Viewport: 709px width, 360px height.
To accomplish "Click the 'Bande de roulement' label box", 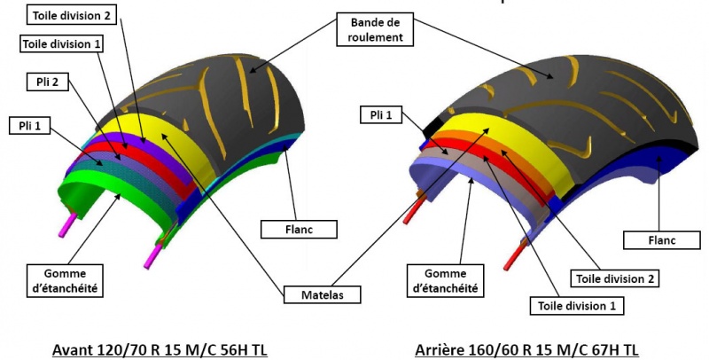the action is point(375,29).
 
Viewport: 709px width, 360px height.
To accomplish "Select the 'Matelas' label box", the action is point(323,295).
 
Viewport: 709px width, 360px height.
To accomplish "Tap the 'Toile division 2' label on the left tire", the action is point(72,16).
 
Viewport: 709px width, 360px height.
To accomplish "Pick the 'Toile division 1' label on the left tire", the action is point(62,44).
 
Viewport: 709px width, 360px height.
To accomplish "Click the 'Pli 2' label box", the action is point(48,82).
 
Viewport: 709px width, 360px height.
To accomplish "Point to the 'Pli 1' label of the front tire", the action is point(30,125).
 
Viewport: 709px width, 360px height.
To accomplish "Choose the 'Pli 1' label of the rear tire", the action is point(381,115).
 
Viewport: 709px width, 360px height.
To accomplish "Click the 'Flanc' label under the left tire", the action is point(299,230).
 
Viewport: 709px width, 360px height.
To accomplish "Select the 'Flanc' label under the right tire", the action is point(662,240).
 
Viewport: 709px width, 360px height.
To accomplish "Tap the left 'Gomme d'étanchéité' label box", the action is point(65,281).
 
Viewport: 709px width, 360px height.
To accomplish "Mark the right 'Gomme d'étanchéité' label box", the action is point(446,281).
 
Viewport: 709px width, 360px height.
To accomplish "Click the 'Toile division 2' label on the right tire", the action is point(615,278).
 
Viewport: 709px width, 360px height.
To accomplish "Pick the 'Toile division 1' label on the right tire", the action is point(577,306).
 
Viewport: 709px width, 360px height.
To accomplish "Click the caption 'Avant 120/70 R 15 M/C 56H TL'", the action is point(160,349).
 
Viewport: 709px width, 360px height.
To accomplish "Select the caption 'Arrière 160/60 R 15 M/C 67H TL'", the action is point(526,349).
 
